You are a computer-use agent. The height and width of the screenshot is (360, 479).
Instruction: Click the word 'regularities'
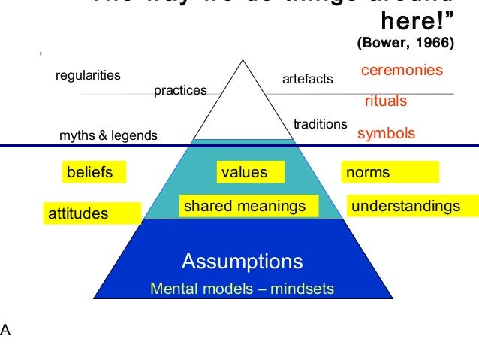[89, 76]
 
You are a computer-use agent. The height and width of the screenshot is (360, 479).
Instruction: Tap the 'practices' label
[179, 91]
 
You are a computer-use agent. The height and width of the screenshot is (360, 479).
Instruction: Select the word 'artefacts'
[307, 79]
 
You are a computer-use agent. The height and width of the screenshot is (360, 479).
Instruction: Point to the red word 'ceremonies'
[402, 71]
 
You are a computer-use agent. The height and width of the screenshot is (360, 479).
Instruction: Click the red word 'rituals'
[385, 101]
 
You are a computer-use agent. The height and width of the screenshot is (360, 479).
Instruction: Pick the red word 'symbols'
[386, 134]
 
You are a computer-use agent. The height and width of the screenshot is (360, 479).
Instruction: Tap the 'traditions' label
[321, 124]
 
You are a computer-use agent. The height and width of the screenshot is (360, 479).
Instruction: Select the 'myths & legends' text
[108, 136]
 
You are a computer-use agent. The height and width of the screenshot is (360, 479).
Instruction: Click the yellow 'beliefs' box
[93, 173]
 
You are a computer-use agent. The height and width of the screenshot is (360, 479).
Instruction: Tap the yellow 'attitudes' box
[92, 214]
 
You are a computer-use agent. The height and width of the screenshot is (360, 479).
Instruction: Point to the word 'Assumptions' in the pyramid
[242, 262]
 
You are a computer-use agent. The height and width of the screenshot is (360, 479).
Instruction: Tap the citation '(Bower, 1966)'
[405, 44]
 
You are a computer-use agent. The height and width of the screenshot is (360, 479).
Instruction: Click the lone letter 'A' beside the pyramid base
[5, 328]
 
